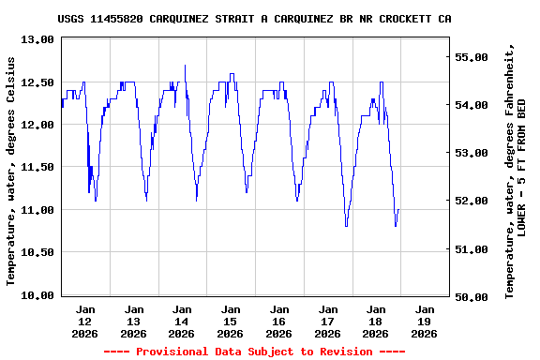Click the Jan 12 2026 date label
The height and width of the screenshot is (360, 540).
(85, 321)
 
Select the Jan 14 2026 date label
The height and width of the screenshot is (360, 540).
(182, 321)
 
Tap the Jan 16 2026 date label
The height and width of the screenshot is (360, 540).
(278, 321)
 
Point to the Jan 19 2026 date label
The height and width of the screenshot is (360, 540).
(424, 321)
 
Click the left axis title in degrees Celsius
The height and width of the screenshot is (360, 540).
(12, 170)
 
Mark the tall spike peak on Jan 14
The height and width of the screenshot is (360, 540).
(185, 66)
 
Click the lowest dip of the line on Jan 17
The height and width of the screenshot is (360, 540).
(346, 226)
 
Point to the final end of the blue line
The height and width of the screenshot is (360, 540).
(398, 210)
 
